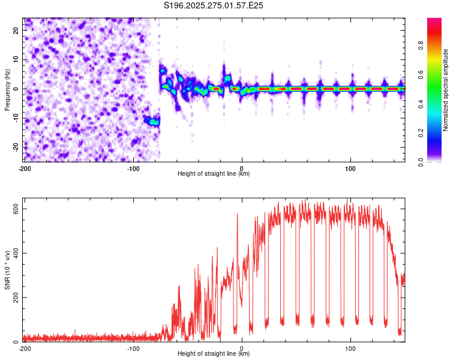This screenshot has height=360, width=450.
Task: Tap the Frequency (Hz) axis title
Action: [7, 89]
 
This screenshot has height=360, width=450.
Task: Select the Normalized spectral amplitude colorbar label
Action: [446, 89]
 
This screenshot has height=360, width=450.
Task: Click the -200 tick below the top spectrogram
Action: [25, 167]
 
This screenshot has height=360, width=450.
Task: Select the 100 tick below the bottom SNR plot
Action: [351, 348]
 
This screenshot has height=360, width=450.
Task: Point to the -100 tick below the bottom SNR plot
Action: [133, 348]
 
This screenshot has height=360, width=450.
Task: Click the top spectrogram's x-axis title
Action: [214, 174]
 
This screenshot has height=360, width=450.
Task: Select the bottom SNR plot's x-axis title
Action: [214, 354]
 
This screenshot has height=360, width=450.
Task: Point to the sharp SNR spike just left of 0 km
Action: [237, 214]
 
